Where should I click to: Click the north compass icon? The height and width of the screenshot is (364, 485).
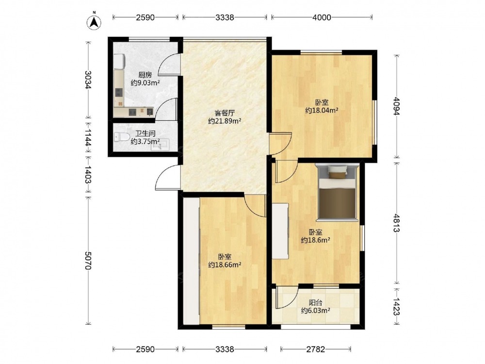coord(95,22)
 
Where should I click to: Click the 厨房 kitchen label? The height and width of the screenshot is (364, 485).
coord(145,75)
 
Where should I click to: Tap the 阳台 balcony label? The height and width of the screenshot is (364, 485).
coord(315,303)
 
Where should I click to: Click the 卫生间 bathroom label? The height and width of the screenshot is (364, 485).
coord(145,134)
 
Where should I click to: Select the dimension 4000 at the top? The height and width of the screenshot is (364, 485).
coord(322,17)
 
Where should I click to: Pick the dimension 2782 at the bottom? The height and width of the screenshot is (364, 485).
coord(316,349)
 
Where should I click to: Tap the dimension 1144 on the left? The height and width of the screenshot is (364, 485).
coord(88,137)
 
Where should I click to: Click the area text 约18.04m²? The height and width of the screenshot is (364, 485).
coord(322,110)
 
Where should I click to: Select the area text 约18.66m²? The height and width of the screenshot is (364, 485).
coord(225,265)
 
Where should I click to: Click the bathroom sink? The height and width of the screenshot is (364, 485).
coord(160,145)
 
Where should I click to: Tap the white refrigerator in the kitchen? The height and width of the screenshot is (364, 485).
coord(119,61)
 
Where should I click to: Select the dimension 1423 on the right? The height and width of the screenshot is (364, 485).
coord(396,306)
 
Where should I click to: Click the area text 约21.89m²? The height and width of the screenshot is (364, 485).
coord(225,121)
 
